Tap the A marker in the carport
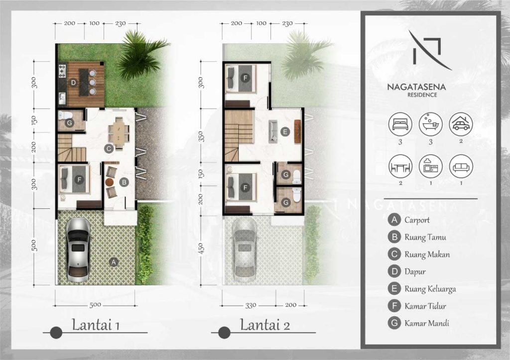point(114,262)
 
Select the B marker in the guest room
point(124,182)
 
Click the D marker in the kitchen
point(74,83)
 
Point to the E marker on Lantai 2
point(285,132)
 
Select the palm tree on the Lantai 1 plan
point(140,55)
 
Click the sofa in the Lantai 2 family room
point(272,131)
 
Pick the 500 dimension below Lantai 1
point(95,305)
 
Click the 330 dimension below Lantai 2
point(251,305)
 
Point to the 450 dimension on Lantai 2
point(201,249)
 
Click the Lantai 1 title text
point(96,325)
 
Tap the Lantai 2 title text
point(265,325)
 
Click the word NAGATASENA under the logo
point(416,87)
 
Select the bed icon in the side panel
point(400,124)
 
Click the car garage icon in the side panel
point(461,124)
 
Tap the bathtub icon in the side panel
point(430,124)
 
